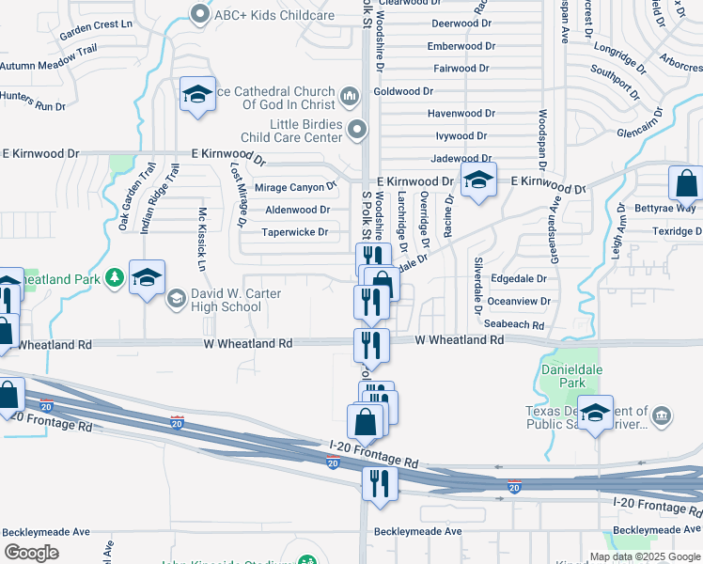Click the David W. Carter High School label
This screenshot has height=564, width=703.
pyautogui.click(x=235, y=300)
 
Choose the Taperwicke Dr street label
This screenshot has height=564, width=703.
pyautogui.click(x=294, y=232)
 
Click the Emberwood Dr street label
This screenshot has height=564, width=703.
pyautogui.click(x=461, y=46)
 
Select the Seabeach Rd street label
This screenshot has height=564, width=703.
pyautogui.click(x=514, y=325)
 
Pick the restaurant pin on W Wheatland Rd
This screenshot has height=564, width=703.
pyautogui.click(x=372, y=344)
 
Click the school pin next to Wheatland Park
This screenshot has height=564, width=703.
pyautogui.click(x=148, y=277)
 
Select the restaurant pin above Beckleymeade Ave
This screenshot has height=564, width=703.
pyautogui.click(x=380, y=483)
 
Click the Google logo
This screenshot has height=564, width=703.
pyautogui.click(x=31, y=553)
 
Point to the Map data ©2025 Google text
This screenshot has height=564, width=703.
pyautogui.click(x=646, y=556)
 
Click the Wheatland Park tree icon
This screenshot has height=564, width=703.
pyautogui.click(x=114, y=277)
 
